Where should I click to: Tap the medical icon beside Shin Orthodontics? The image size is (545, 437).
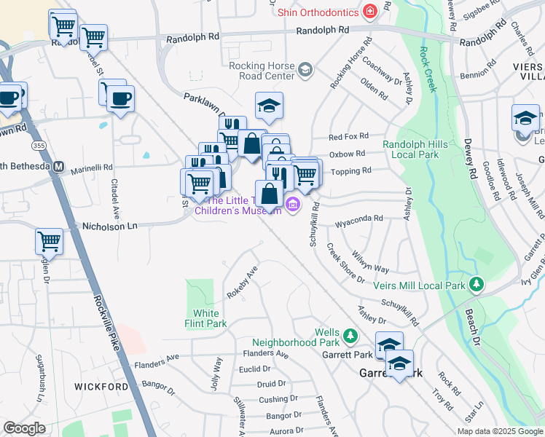coord(370,12)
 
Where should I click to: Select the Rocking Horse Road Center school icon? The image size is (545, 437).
coord(305,71)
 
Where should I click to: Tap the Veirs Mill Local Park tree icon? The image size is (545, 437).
coord(477,283)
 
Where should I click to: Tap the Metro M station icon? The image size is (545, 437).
coord(59,167)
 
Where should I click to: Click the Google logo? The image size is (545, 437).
coord(24,428)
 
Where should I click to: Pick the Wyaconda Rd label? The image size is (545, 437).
coord(358,219)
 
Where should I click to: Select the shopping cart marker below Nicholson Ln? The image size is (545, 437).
coord(50,240)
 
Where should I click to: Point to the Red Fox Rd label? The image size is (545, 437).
coord(348,136)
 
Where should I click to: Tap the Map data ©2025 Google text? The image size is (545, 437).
coord(499,431)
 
